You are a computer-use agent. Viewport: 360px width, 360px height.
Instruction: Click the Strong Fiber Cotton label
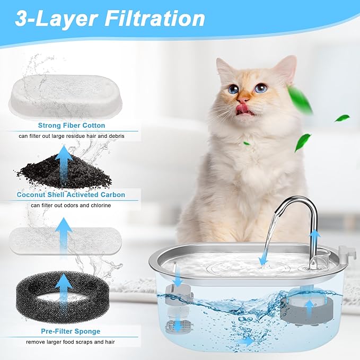click(72, 126)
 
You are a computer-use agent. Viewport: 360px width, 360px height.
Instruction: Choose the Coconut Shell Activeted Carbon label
click(71, 195)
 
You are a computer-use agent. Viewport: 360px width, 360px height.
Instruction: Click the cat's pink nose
click(243, 99)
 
